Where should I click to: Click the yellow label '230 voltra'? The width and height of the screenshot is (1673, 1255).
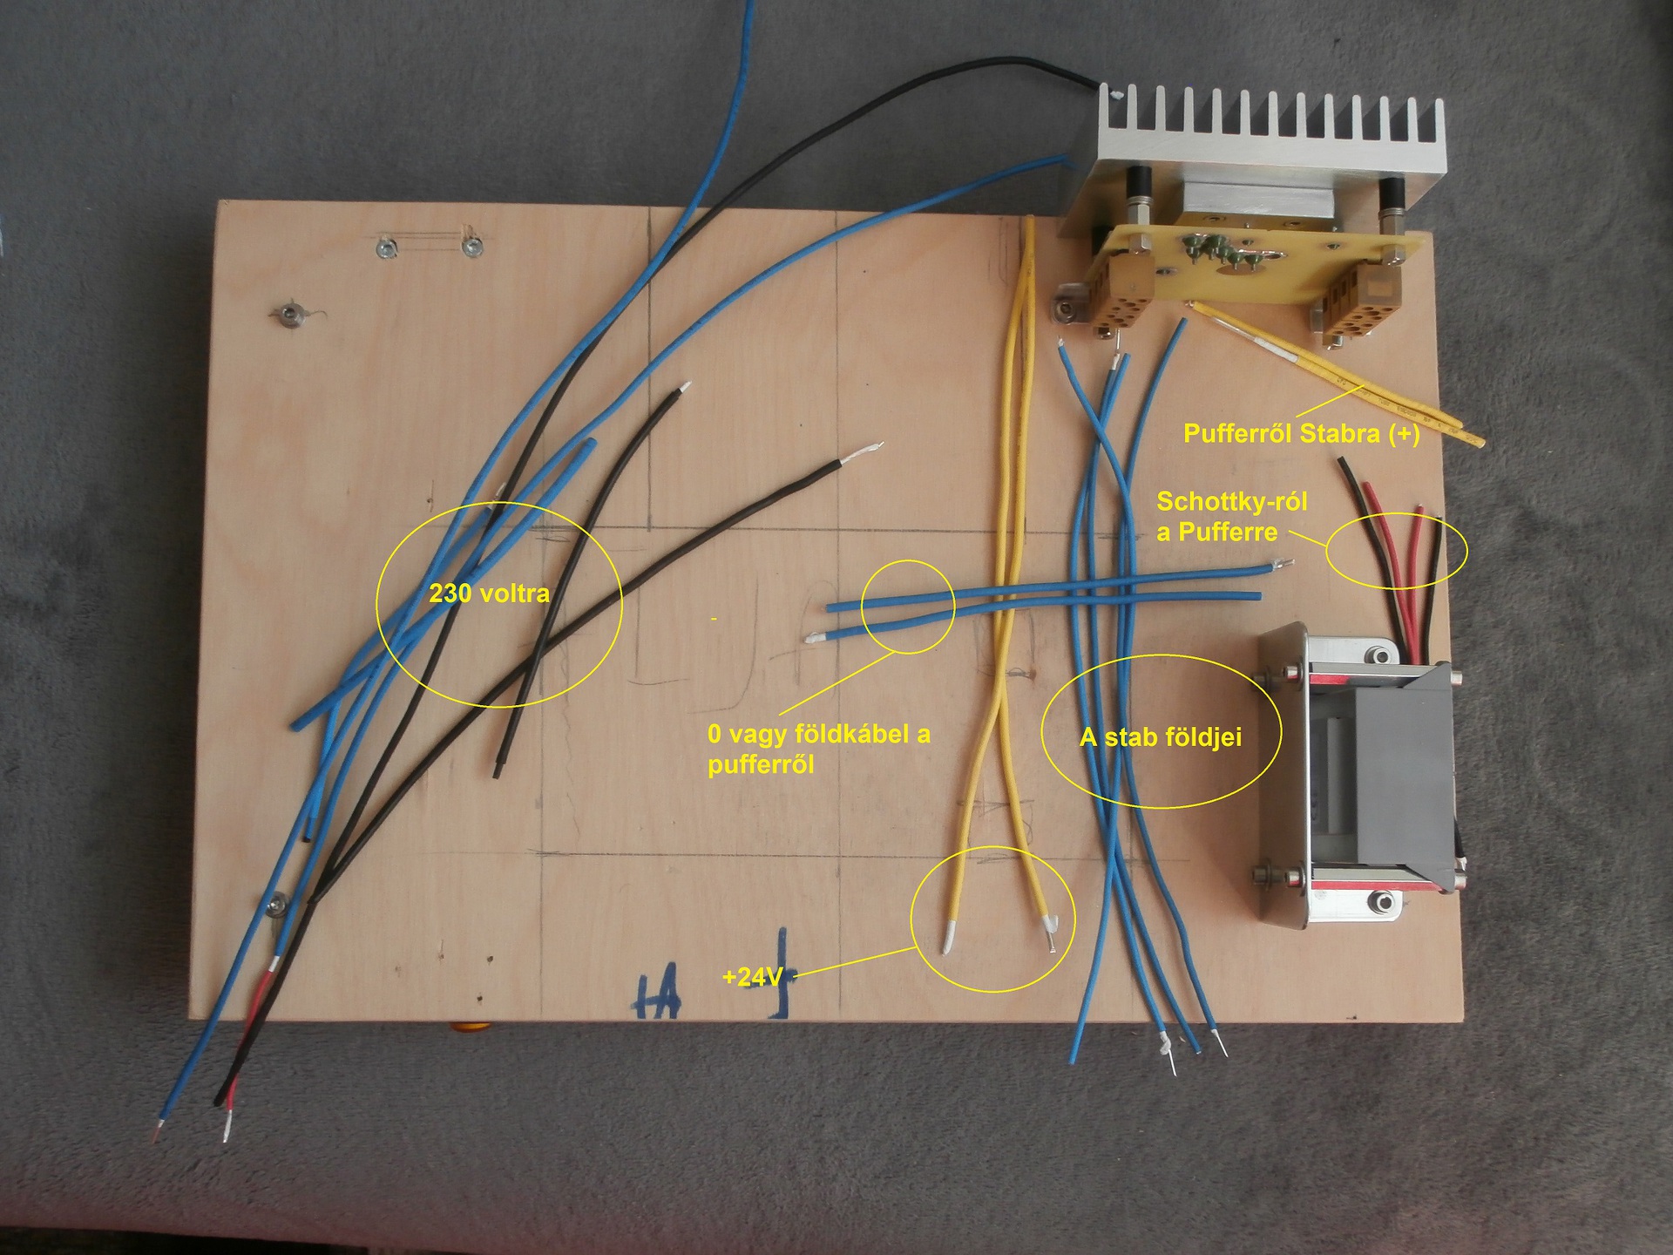tap(489, 594)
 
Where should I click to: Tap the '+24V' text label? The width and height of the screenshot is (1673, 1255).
tap(751, 977)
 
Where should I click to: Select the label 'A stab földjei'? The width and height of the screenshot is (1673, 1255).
tap(1160, 738)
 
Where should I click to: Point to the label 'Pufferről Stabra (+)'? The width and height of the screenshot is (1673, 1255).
tap(1301, 434)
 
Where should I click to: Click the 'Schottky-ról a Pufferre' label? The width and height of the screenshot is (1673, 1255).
tap(1231, 517)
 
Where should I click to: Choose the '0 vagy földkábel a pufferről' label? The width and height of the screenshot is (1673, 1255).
tap(818, 749)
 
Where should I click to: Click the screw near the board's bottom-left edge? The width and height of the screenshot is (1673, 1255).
tap(277, 905)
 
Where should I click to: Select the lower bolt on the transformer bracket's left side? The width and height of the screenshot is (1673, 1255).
tap(1263, 873)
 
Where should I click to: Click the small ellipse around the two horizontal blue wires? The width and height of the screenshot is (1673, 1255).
tap(908, 606)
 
